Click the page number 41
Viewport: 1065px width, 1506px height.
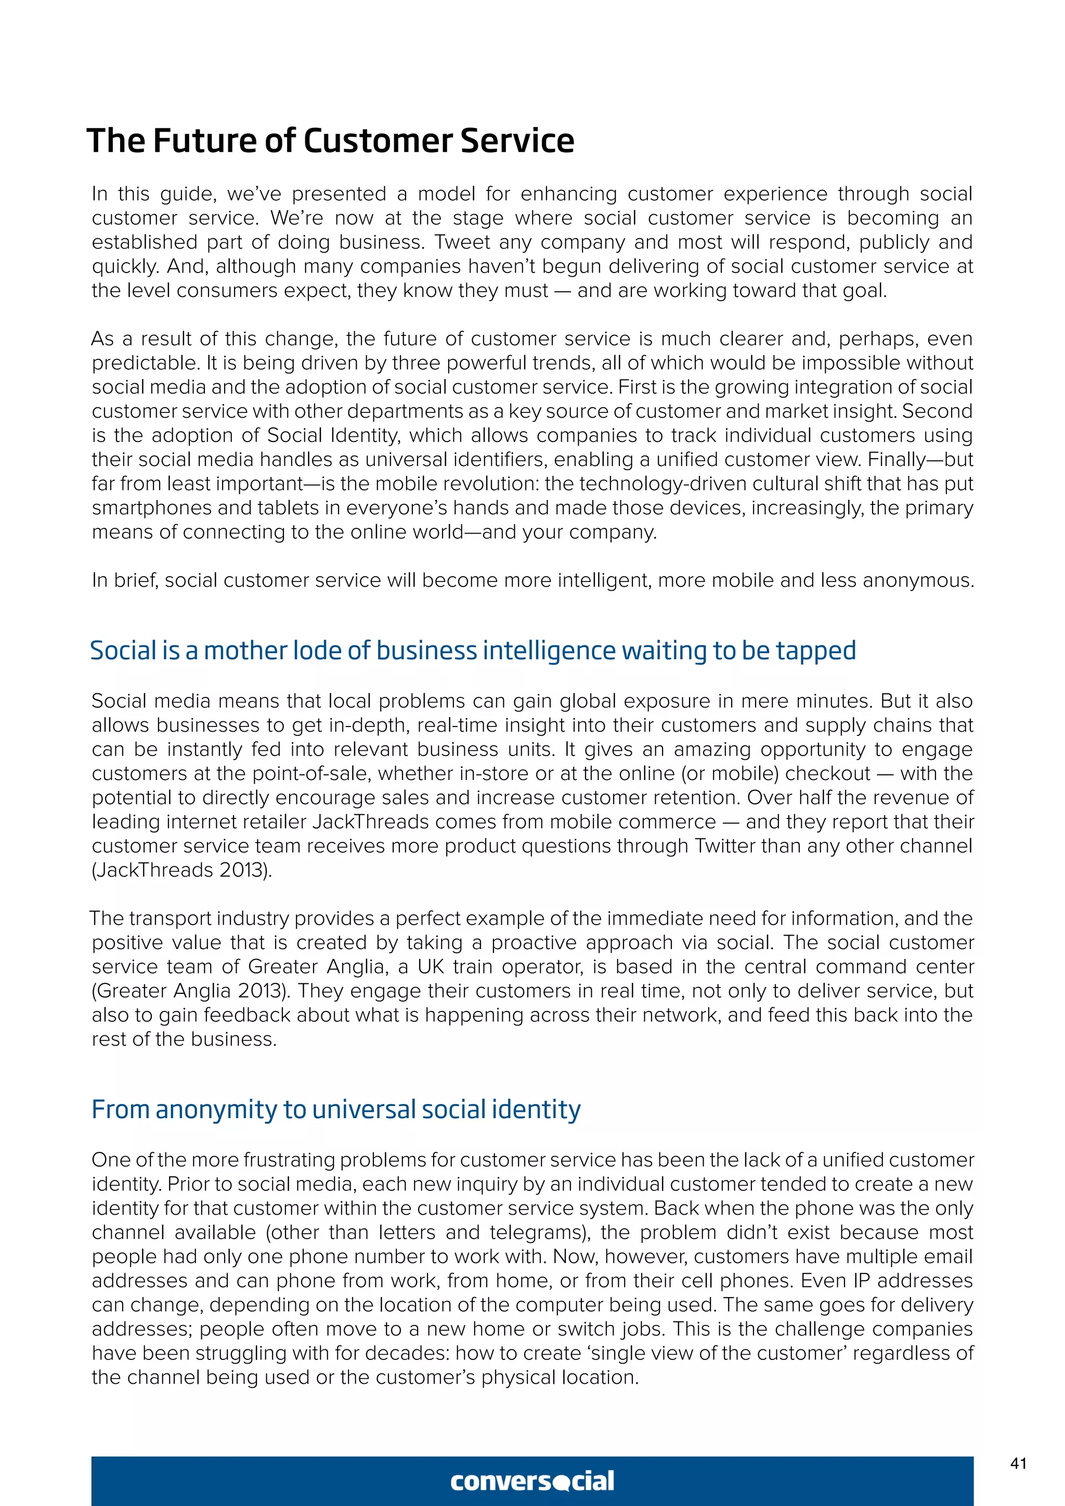tap(1018, 1463)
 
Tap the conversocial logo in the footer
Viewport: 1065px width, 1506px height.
tap(532, 1481)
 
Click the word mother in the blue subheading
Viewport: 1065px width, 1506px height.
tap(245, 651)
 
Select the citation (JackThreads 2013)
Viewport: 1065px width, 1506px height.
tap(181, 870)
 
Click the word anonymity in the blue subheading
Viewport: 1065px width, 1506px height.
tap(216, 1110)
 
